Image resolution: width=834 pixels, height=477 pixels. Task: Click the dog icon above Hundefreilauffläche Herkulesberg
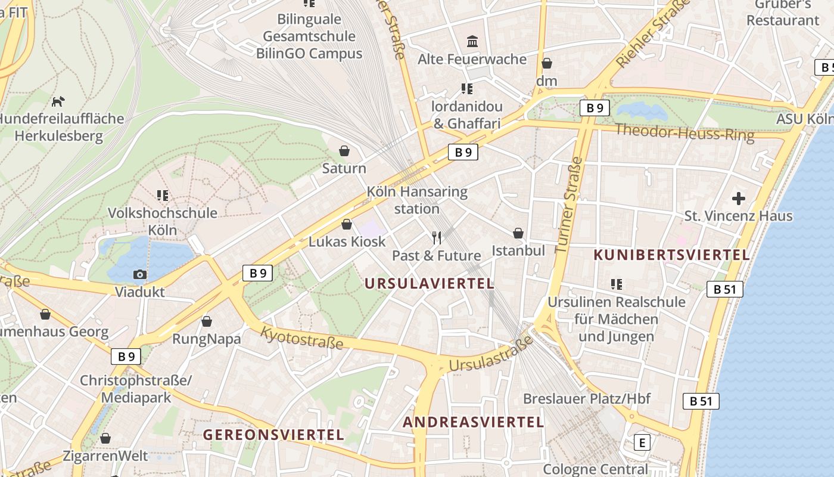(58, 101)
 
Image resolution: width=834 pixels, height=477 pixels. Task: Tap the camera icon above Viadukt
(140, 274)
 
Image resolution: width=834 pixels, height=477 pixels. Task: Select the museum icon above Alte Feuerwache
(473, 41)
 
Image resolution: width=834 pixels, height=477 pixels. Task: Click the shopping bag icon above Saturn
(344, 151)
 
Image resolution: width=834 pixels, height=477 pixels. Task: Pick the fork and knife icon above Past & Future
(437, 238)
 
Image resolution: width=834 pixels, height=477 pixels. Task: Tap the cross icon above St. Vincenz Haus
(739, 198)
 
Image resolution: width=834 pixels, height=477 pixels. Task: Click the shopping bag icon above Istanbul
(518, 233)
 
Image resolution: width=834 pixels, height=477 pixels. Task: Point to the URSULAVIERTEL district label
(430, 283)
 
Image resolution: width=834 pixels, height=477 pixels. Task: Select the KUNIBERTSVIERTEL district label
(671, 255)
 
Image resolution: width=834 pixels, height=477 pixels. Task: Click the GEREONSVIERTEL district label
(274, 434)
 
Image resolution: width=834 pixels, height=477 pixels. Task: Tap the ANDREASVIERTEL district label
(474, 422)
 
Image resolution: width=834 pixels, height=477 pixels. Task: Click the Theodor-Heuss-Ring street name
(684, 132)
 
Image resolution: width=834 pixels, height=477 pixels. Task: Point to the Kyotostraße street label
(302, 338)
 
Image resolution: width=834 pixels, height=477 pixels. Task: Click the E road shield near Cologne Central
(642, 442)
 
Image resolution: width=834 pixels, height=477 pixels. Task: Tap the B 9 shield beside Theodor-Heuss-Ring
(595, 108)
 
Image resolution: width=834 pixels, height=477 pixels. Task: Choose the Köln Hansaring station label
(417, 200)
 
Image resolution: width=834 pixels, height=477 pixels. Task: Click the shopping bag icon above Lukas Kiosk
(347, 225)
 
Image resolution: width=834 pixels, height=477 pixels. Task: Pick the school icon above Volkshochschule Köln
(163, 195)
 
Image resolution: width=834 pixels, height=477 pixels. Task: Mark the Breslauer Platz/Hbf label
(587, 398)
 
